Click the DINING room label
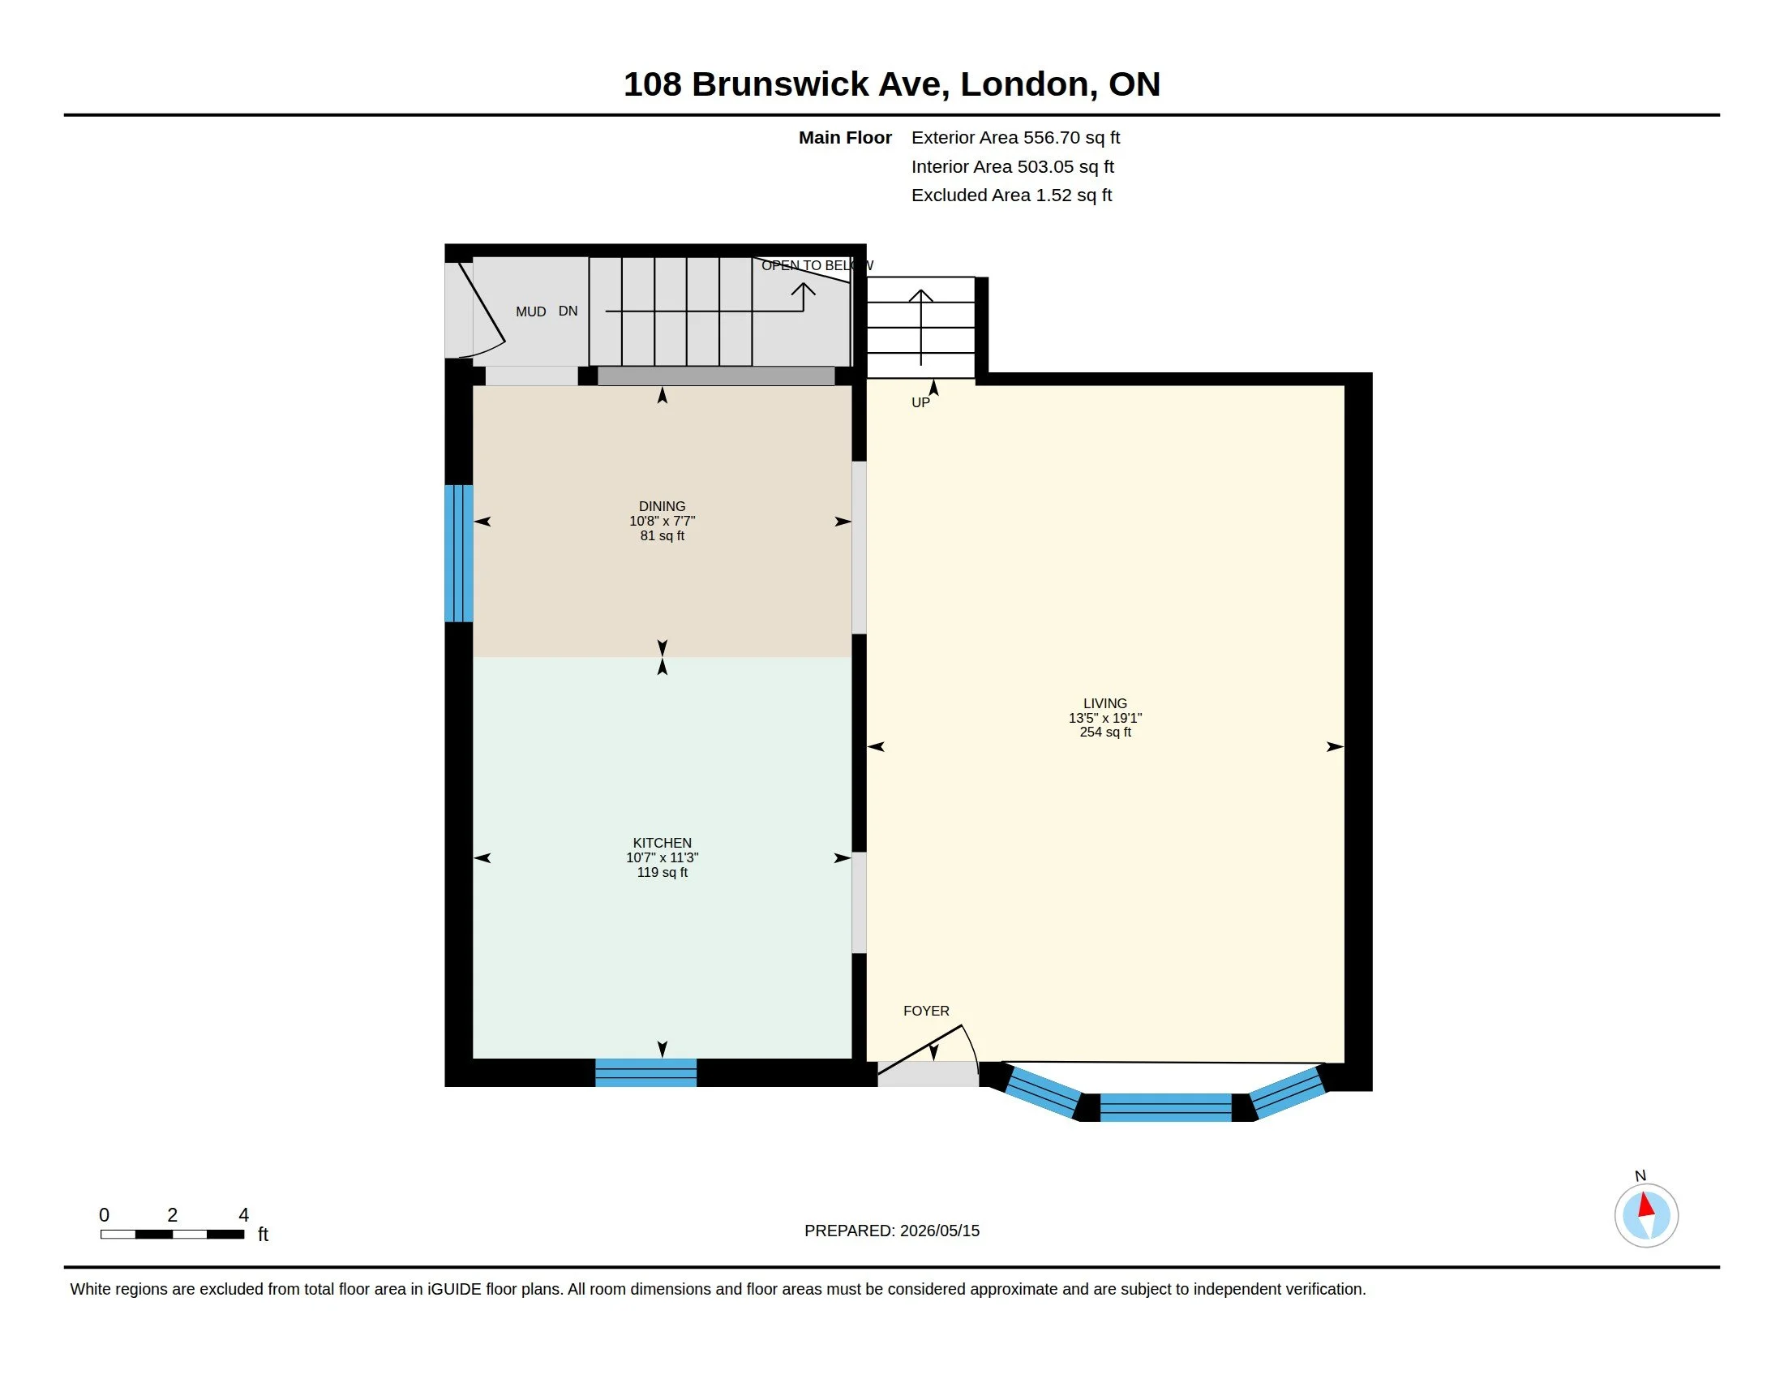662,506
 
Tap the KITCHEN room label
662,843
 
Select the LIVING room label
1104,703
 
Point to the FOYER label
925,1011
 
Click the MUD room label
530,311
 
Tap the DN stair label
568,311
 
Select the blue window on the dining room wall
458,553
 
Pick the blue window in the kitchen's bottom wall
645,1072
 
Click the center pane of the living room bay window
1164,1108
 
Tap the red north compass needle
1645,1205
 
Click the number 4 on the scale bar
242,1215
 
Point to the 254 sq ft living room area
1104,732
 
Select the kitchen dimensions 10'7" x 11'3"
662,857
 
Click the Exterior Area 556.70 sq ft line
1015,138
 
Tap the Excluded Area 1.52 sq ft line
1011,195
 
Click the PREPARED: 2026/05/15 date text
891,1231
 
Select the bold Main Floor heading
845,138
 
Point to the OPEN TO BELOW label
817,265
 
